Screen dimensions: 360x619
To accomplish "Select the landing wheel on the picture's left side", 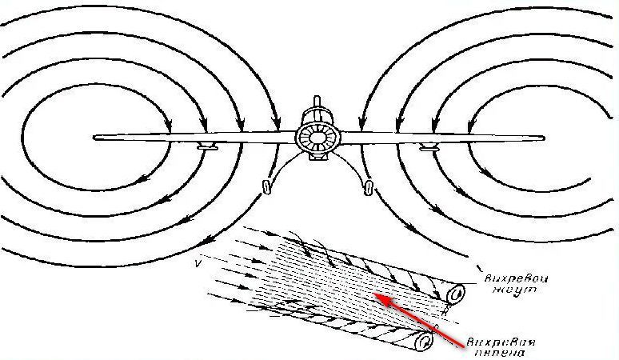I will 266,187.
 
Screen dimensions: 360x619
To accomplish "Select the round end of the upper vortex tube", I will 457,295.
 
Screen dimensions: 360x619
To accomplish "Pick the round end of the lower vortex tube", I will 423,343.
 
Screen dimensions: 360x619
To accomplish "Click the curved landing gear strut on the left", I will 276,168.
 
